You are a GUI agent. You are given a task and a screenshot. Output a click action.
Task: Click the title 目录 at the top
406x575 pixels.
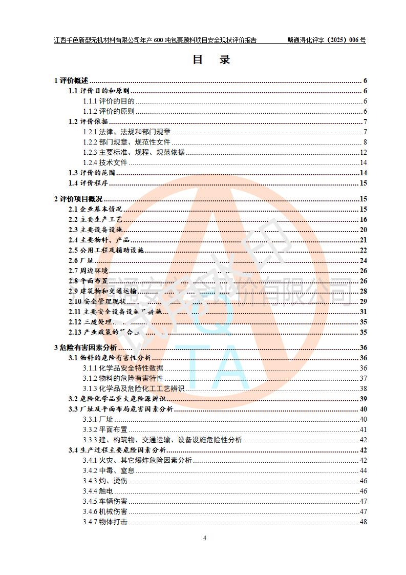pyautogui.click(x=211, y=59)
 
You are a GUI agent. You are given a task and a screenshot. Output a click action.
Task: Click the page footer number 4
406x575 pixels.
pyautogui.click(x=204, y=538)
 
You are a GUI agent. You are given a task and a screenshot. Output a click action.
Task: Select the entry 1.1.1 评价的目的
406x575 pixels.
pyautogui.click(x=109, y=101)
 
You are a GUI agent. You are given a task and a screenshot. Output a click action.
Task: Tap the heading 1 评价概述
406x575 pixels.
pyautogui.click(x=71, y=80)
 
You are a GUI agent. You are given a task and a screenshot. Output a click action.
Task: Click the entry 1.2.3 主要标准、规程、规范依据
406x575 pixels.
pyautogui.click(x=134, y=152)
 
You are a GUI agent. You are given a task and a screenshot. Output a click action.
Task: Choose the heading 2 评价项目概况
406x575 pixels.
pyautogui.click(x=78, y=199)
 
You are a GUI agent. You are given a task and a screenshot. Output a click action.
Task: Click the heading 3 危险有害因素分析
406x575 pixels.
pyautogui.click(x=85, y=347)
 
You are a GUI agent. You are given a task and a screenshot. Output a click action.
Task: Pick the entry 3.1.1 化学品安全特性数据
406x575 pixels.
pyautogui.click(x=123, y=368)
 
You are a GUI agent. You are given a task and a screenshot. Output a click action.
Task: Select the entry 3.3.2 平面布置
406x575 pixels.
pyautogui.click(x=105, y=429)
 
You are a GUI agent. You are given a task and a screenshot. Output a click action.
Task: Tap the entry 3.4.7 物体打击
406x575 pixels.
pyautogui.click(x=105, y=522)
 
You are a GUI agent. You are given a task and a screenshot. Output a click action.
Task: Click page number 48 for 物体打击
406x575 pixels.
pyautogui.click(x=364, y=522)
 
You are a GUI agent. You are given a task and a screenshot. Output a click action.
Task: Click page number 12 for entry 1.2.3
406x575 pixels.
pyautogui.click(x=364, y=152)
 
